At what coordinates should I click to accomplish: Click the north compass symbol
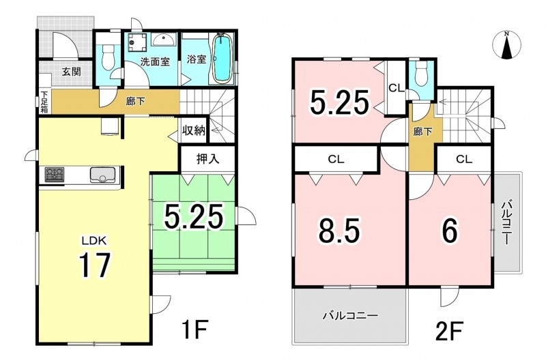[x=507, y=44]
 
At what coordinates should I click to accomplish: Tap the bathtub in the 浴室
[x=222, y=58]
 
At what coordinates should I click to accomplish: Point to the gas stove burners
[x=55, y=175]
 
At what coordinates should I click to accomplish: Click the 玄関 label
[x=72, y=72]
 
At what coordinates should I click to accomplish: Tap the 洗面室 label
[x=155, y=61]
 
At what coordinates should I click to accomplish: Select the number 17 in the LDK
[x=95, y=265]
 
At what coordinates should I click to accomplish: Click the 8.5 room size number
[x=339, y=231]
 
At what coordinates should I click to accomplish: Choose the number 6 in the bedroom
[x=450, y=231]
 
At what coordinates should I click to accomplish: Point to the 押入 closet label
[x=207, y=159]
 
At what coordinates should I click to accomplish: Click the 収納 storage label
[x=194, y=131]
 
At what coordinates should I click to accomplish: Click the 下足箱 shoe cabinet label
[x=44, y=102]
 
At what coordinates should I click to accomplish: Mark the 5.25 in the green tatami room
[x=193, y=216]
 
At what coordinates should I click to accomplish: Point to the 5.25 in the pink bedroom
[x=339, y=102]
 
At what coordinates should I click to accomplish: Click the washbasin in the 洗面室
[x=163, y=40]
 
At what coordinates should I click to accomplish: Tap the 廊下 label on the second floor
[x=422, y=132]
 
